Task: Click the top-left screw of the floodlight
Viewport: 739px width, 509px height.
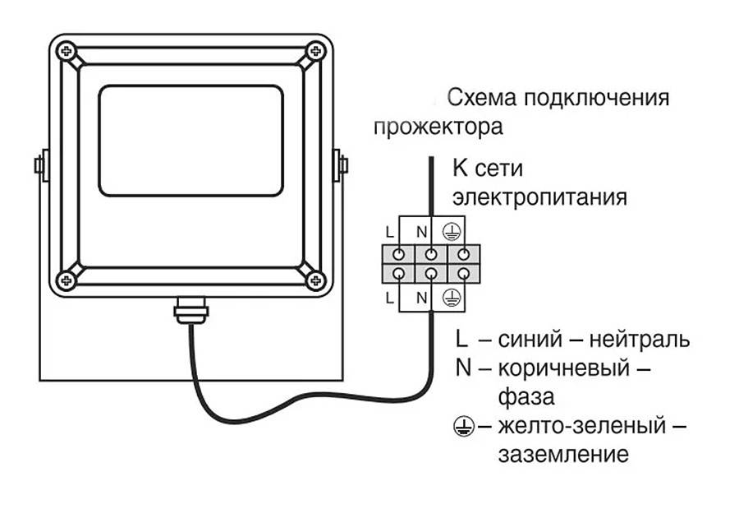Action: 66,53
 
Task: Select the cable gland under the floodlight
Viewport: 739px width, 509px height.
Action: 189,311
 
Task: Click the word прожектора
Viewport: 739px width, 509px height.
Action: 438,128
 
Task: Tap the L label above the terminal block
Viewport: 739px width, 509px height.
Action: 389,232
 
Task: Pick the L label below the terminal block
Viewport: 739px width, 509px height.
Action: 389,296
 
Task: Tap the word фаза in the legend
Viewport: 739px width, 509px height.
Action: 526,397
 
